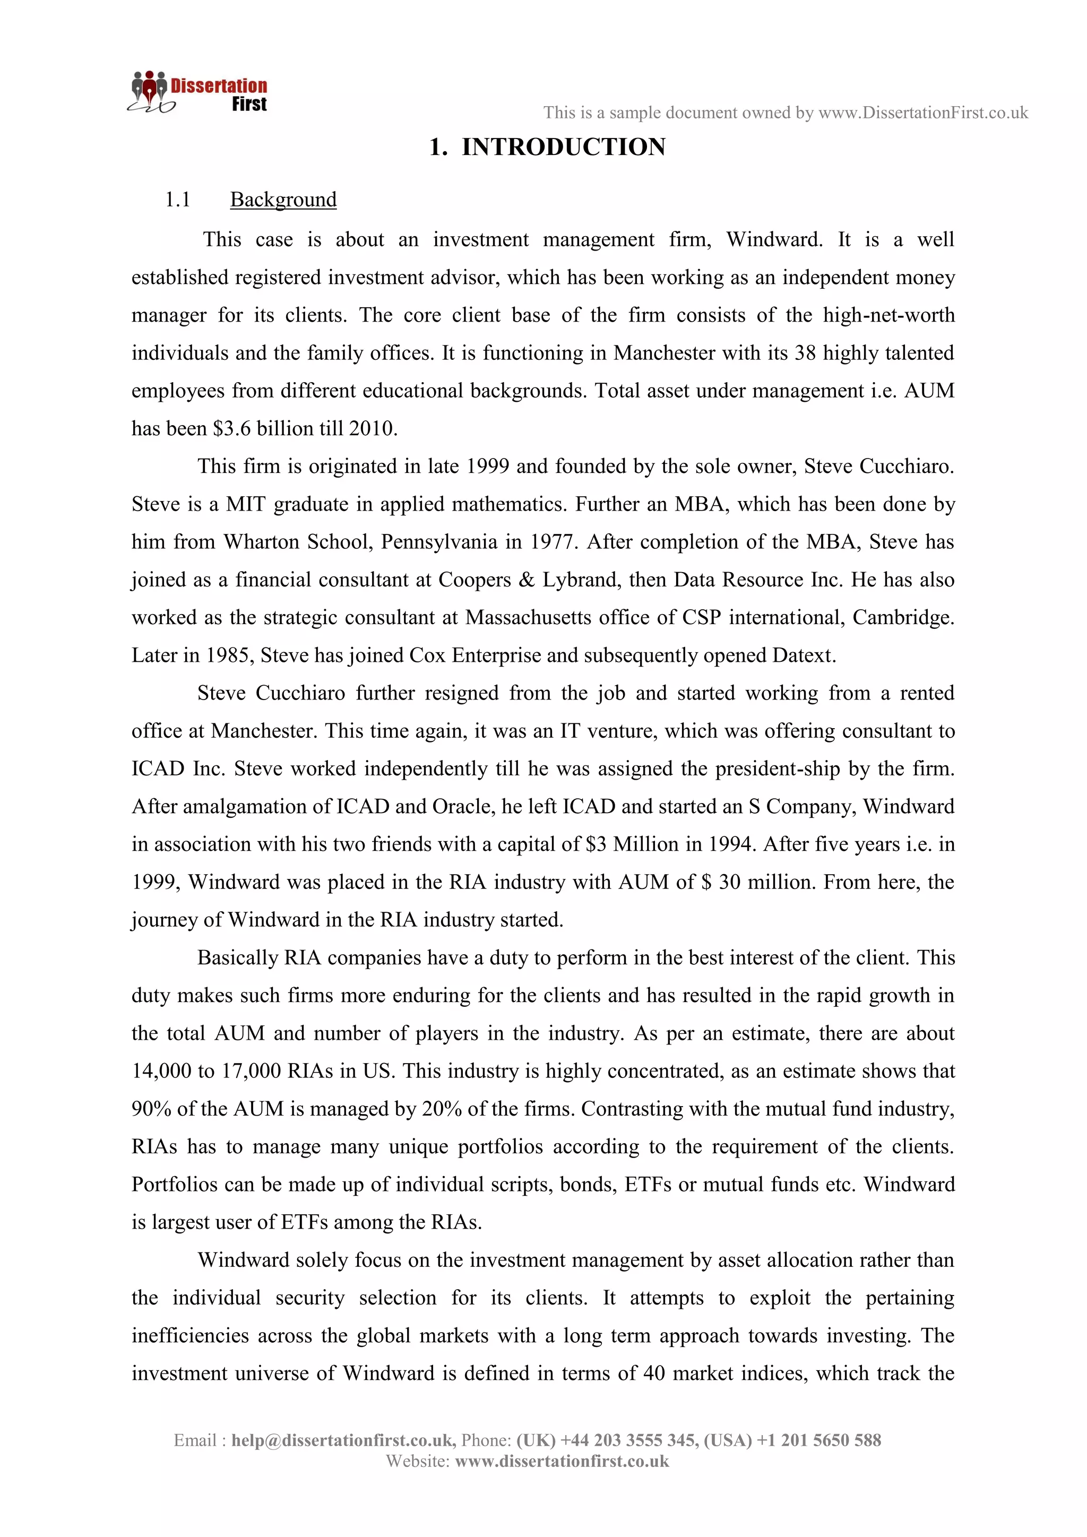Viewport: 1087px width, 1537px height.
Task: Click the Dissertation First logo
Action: [197, 92]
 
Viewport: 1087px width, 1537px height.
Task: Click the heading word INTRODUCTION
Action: [564, 147]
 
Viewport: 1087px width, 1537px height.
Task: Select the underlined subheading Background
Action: [283, 200]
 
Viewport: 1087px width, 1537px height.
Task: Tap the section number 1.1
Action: [177, 200]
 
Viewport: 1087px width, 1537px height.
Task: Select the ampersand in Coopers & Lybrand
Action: [527, 580]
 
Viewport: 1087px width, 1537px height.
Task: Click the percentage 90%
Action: [151, 1109]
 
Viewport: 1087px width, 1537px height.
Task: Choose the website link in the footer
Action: [562, 1461]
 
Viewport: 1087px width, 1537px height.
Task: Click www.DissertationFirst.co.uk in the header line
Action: [923, 113]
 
